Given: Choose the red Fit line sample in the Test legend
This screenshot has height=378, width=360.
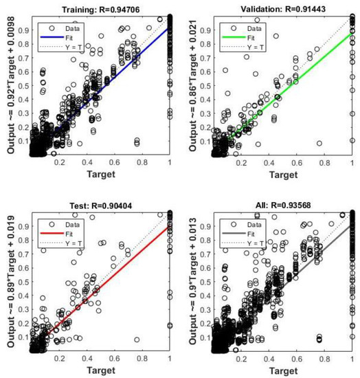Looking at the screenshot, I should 53,226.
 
